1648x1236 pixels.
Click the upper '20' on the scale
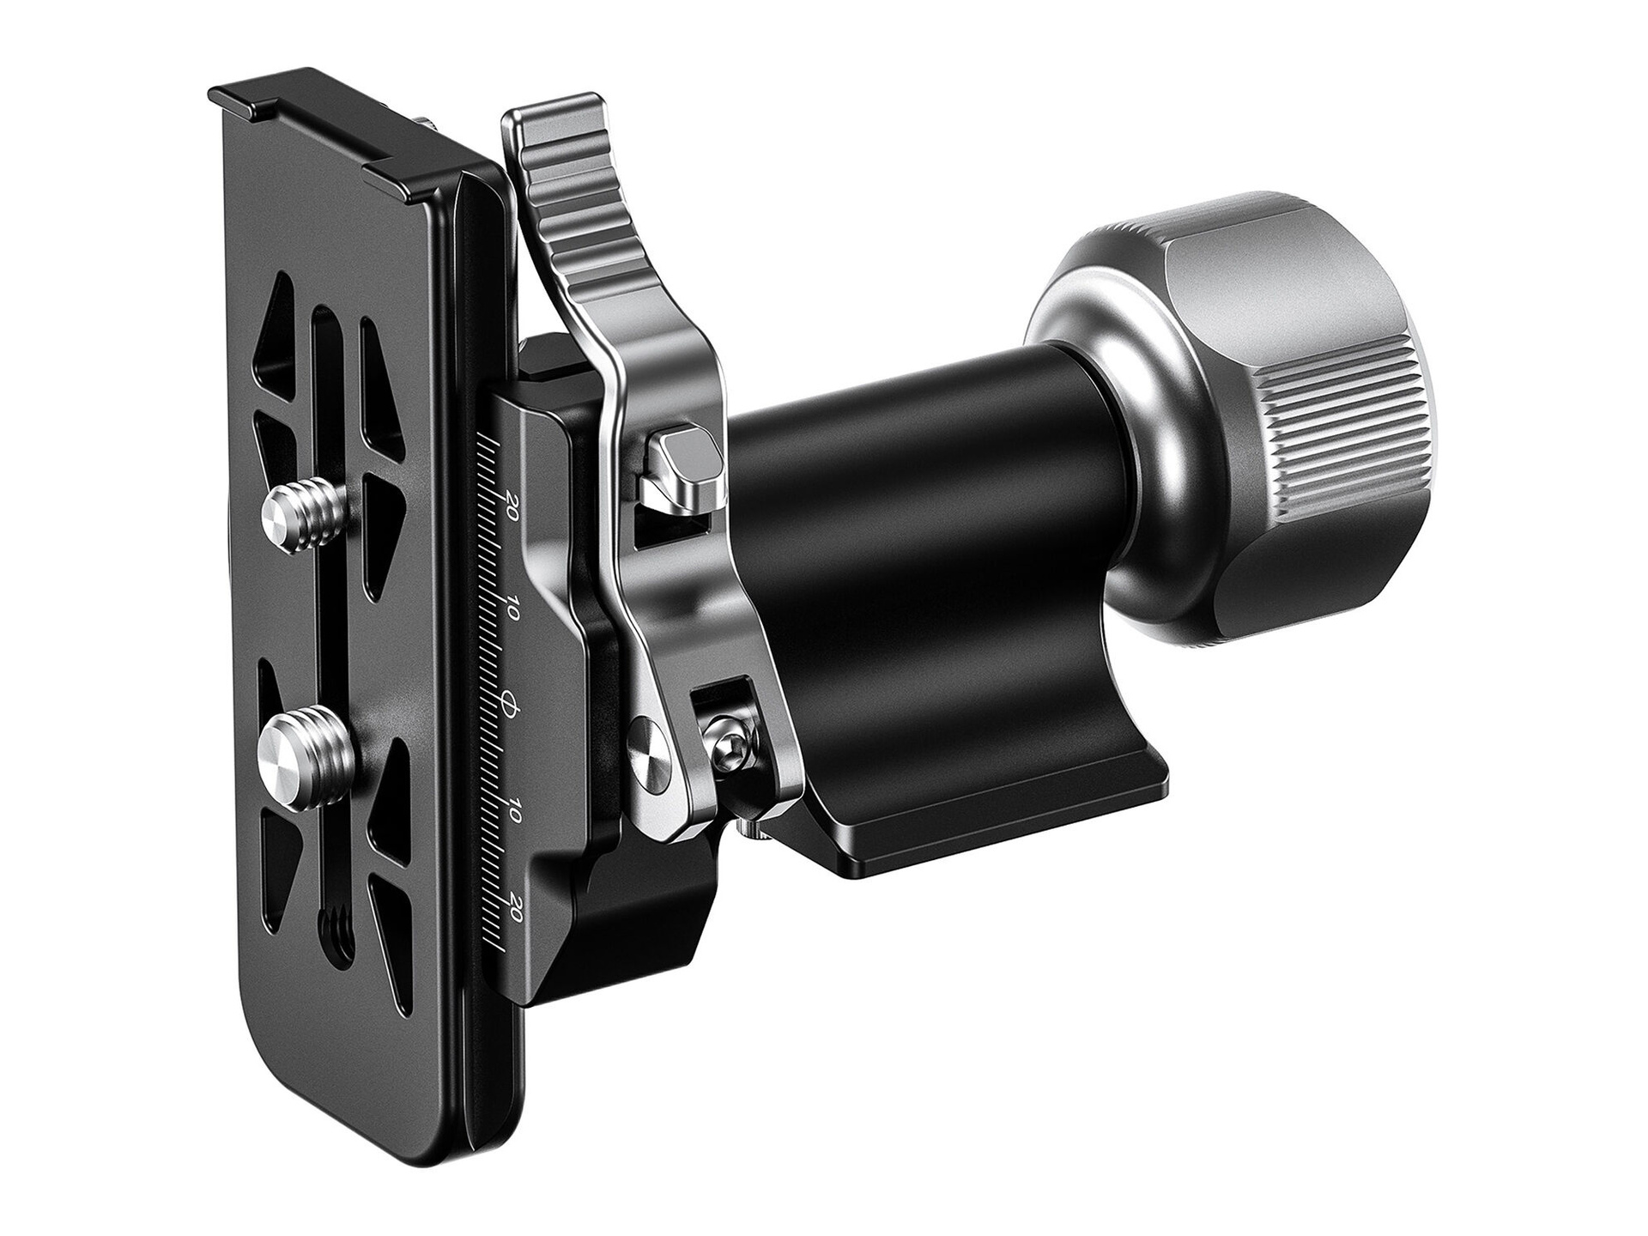[x=512, y=502]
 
